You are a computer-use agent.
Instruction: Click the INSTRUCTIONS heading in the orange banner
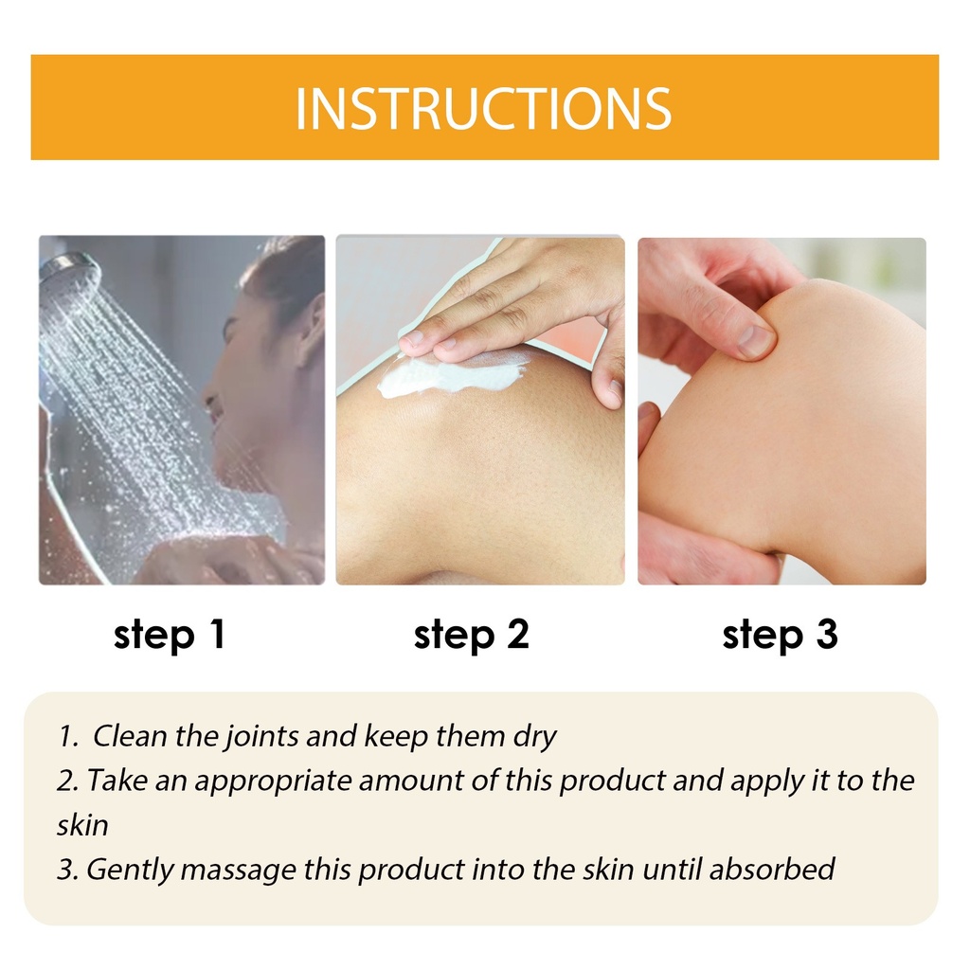click(x=483, y=109)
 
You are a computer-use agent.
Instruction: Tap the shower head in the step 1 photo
click(x=69, y=272)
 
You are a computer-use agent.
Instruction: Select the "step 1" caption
click(x=169, y=635)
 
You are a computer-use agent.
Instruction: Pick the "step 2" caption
click(x=472, y=635)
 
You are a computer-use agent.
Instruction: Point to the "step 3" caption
click(x=780, y=635)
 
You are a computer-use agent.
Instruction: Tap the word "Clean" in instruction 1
click(x=130, y=736)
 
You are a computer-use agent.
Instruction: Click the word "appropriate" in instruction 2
click(x=273, y=781)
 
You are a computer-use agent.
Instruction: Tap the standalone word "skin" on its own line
click(x=83, y=825)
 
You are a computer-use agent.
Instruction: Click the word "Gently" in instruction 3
click(x=130, y=871)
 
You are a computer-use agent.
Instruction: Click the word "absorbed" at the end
click(x=772, y=870)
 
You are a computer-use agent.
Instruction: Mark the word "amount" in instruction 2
click(x=411, y=781)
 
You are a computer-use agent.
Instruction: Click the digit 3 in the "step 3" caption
click(x=826, y=634)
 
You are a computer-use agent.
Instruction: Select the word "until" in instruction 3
click(x=672, y=870)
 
